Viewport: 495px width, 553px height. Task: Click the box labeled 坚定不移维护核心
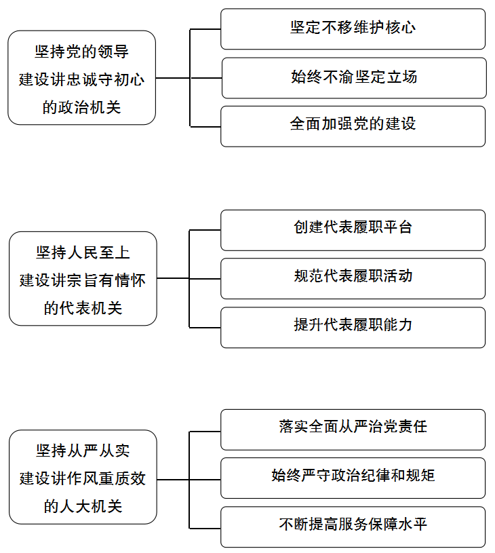[x=353, y=29]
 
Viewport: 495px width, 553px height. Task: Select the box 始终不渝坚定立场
[x=354, y=78]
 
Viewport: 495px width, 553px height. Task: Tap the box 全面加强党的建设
[x=353, y=126]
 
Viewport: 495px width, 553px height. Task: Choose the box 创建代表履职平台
[x=353, y=230]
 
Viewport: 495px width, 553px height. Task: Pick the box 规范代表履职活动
[x=353, y=279]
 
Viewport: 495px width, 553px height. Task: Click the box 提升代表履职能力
[x=353, y=327]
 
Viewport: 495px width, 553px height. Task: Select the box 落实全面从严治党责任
[x=353, y=430]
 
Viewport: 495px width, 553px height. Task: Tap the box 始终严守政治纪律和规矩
[x=353, y=478]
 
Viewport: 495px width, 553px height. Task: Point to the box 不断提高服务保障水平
[x=353, y=527]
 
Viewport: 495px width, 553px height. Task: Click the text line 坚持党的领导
[x=82, y=52]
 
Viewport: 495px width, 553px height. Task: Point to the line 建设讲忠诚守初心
[x=82, y=79]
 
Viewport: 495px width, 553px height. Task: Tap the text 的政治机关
[x=82, y=107]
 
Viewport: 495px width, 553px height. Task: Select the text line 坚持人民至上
[x=83, y=253]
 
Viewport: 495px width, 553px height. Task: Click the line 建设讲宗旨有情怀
[x=83, y=281]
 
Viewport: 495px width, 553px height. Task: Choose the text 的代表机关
[x=83, y=308]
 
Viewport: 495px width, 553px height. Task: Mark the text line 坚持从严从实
[x=83, y=451]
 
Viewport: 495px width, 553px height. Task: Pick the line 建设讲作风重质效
[x=83, y=479]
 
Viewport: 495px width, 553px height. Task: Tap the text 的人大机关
[x=83, y=506]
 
